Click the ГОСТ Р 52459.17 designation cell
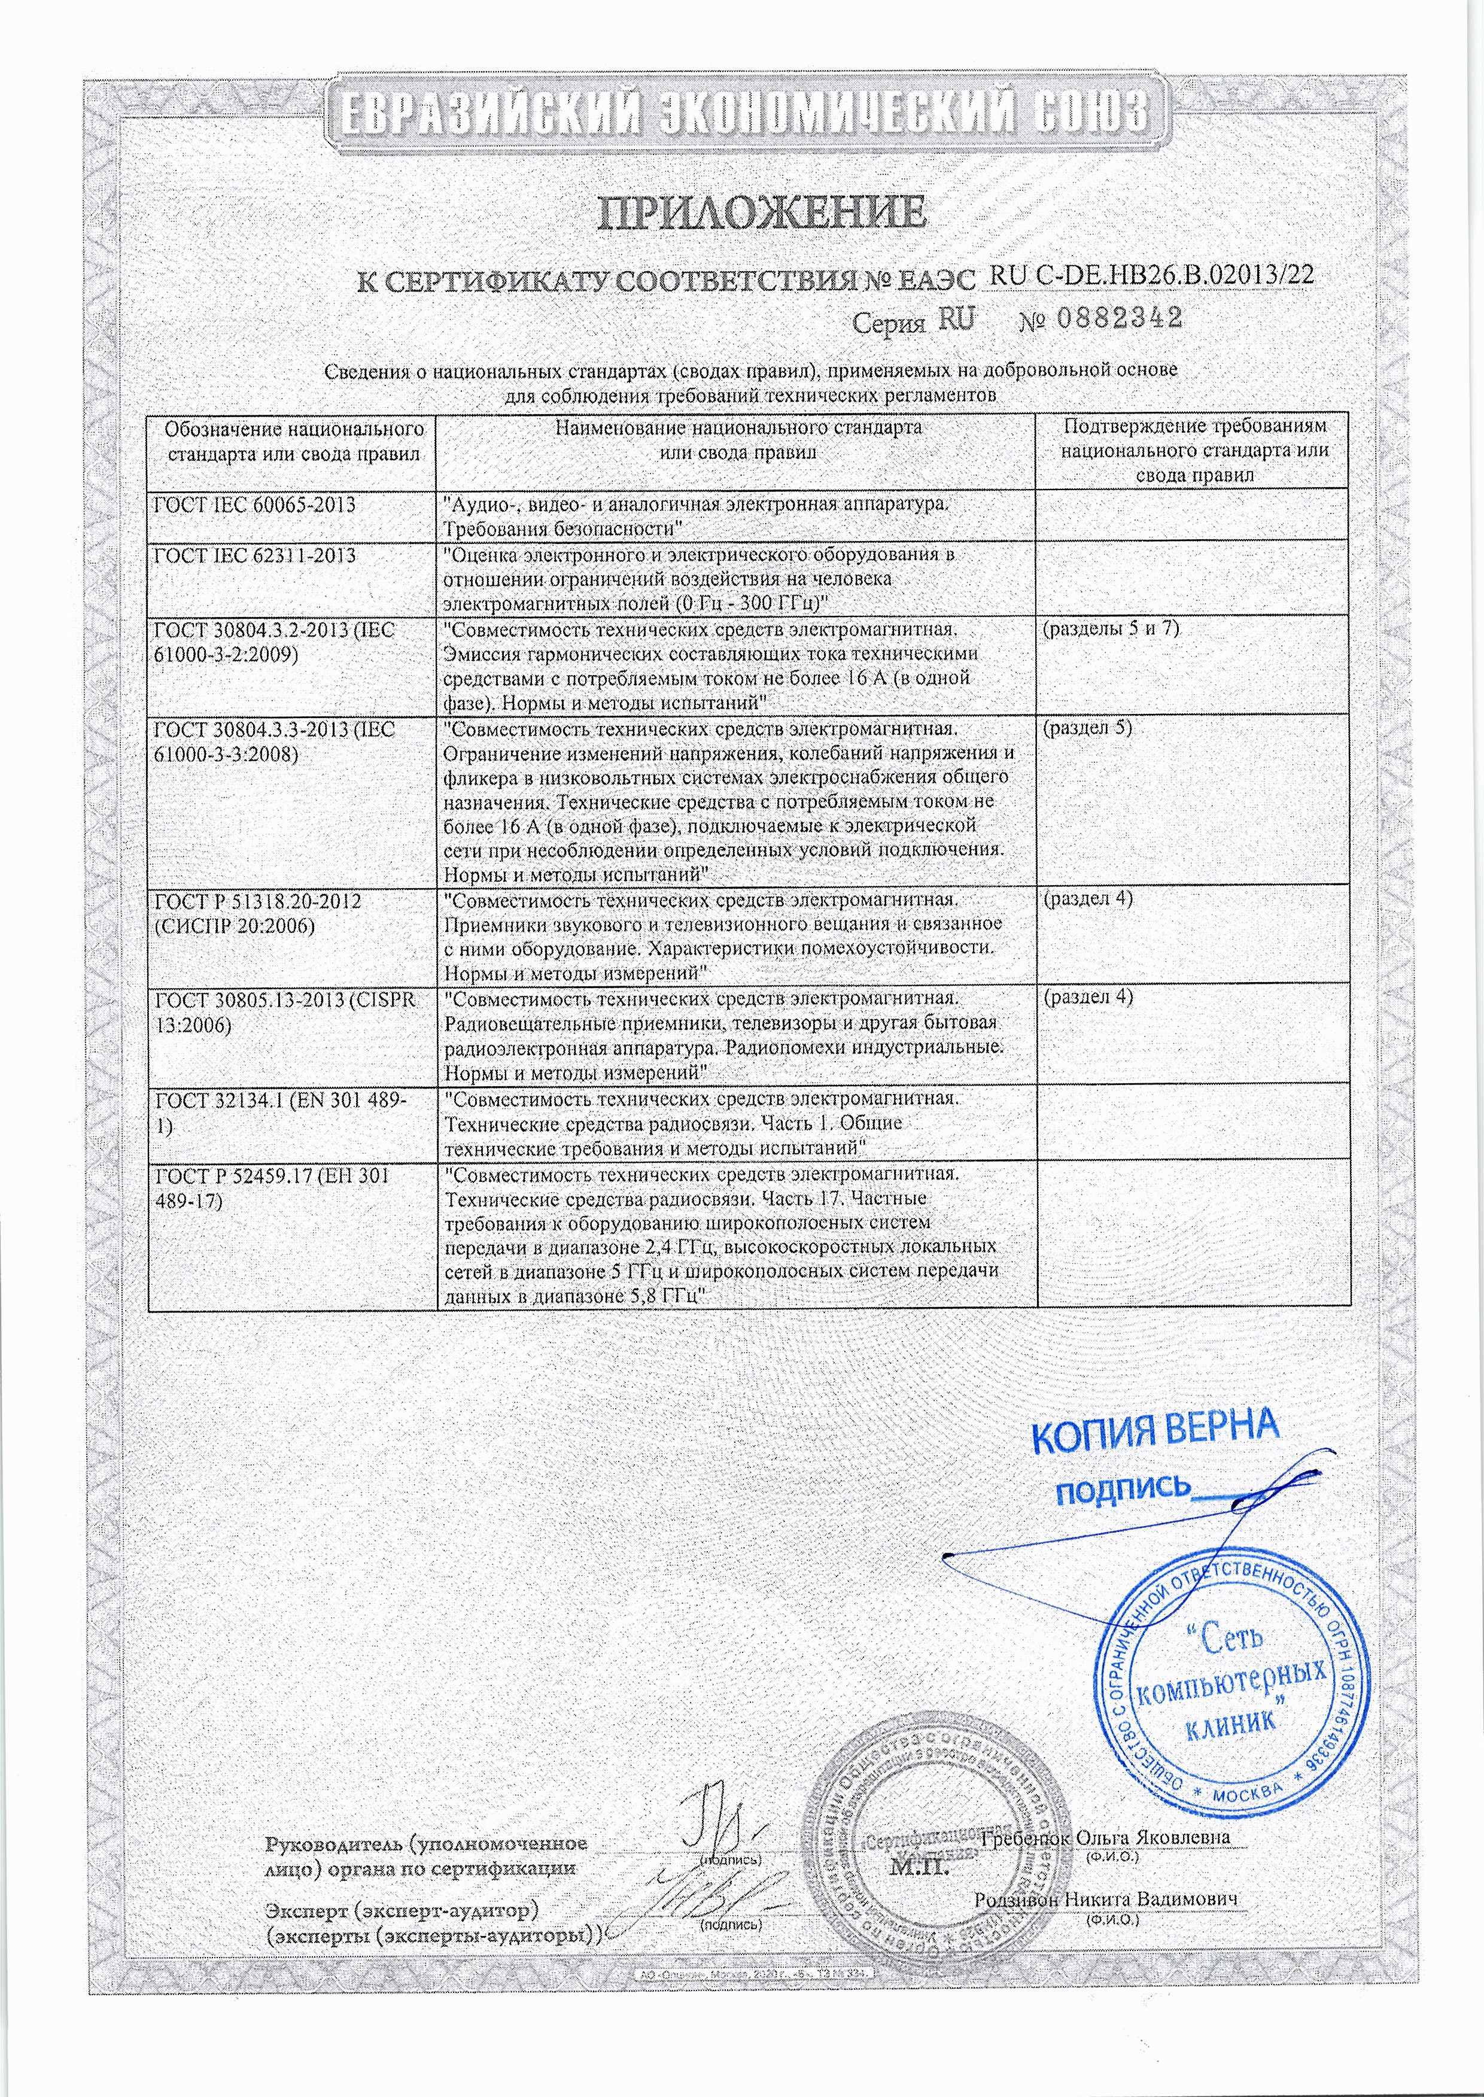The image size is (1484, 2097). pos(272,1188)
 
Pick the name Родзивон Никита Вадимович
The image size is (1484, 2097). pos(1106,1901)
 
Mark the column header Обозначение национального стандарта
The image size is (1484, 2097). pos(293,440)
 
